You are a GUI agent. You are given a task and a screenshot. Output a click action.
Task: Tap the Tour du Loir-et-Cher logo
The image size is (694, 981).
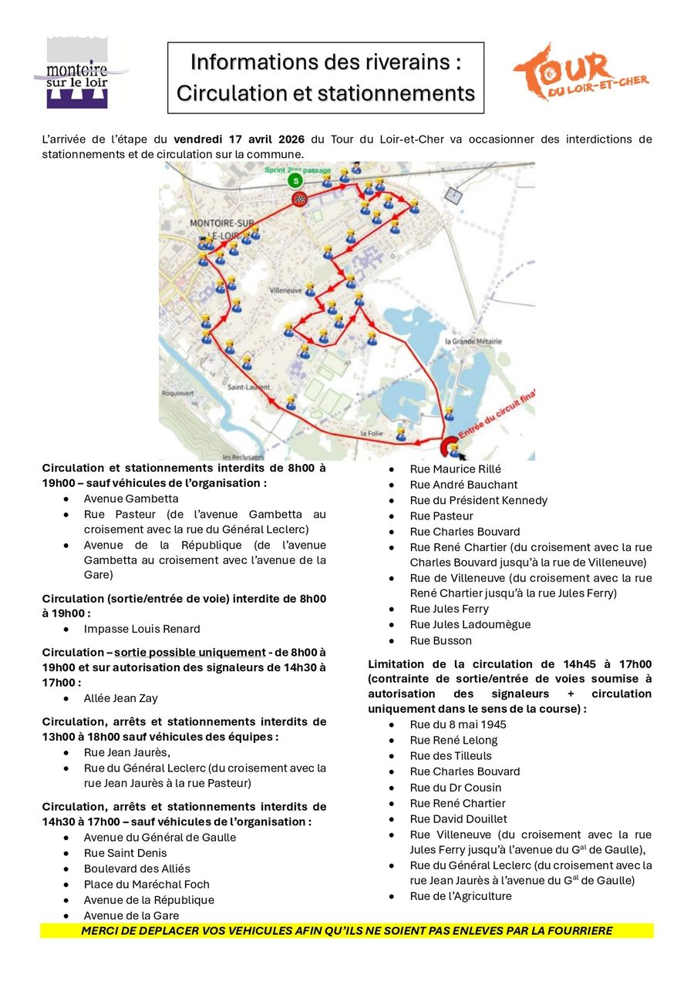[580, 72]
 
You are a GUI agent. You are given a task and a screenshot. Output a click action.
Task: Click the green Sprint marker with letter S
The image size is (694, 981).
[294, 181]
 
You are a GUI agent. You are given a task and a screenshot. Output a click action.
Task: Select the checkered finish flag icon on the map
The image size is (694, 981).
[299, 200]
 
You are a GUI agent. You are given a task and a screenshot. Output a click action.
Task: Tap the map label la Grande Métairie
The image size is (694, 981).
[473, 341]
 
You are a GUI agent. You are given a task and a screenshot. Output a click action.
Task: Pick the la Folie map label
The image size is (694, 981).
[372, 433]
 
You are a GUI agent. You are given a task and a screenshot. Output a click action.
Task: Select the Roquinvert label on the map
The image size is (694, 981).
[177, 392]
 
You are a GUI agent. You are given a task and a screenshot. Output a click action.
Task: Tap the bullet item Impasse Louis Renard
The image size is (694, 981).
[142, 629]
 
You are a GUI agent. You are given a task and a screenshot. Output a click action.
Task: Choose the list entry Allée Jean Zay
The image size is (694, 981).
[120, 698]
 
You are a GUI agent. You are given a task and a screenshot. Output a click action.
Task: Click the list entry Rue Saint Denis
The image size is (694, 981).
[125, 853]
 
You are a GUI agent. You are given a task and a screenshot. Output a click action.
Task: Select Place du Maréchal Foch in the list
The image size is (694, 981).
[147, 884]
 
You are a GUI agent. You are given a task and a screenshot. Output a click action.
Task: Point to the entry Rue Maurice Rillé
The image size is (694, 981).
[455, 469]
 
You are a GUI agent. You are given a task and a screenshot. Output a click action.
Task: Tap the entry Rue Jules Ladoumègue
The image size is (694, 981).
[470, 624]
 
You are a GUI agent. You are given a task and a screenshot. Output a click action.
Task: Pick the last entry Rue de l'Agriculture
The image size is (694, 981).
[460, 895]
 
